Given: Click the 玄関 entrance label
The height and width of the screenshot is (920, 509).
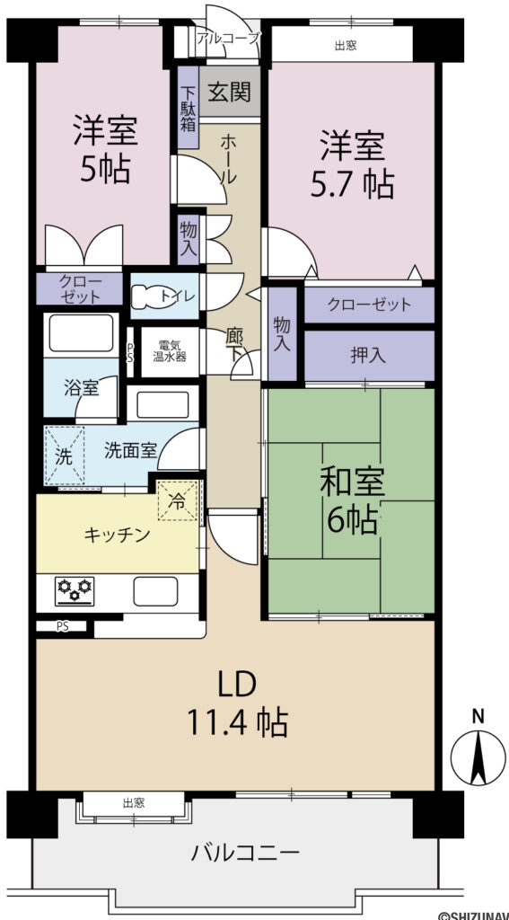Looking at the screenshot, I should (231, 93).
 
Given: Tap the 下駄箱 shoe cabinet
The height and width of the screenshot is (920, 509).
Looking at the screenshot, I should (189, 108).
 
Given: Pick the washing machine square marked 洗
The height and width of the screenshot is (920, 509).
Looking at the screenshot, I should (63, 456).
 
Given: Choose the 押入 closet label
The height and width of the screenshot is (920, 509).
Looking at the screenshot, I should (368, 355).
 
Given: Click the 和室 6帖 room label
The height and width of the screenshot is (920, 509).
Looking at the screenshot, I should (354, 501).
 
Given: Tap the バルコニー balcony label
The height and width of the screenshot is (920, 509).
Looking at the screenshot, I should (244, 853).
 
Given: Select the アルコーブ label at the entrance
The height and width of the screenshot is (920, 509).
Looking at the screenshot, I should (228, 38).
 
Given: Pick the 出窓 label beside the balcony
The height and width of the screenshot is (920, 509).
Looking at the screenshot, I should (134, 801).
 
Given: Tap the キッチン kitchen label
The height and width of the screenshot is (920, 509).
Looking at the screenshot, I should (117, 535).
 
